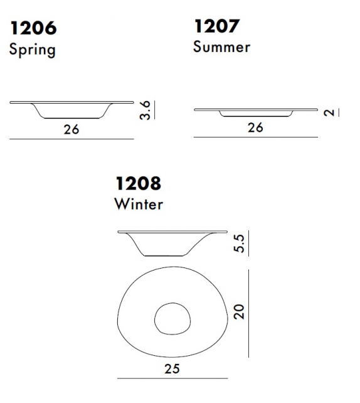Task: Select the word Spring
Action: tap(32, 50)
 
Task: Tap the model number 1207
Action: tap(216, 26)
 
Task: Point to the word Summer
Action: tap(221, 47)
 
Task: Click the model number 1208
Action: tap(138, 183)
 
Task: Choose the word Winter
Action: tap(139, 203)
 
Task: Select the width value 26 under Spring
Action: tap(71, 129)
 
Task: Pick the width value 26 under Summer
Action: tap(255, 127)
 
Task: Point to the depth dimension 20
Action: tap(238, 312)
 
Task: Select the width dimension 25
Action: tap(171, 368)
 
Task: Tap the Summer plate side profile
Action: tap(255, 112)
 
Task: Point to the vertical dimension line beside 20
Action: tap(249, 313)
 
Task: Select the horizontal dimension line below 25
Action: tap(171, 379)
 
